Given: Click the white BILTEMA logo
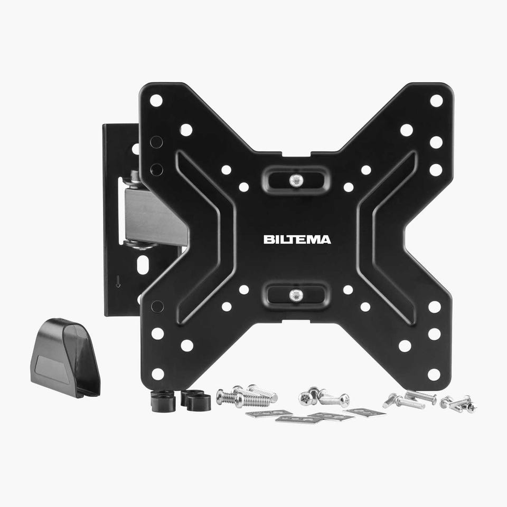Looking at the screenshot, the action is tap(297, 240).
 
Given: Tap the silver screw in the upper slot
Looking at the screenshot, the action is tap(296, 180).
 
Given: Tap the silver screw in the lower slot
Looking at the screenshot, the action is tap(296, 294).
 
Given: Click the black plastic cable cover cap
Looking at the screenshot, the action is tap(65, 358).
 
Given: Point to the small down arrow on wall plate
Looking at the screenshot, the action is tap(118, 281).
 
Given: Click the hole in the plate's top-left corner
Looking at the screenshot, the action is tap(156, 101).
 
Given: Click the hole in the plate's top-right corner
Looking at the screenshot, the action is tap(436, 101).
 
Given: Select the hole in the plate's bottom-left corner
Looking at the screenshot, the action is tap(158, 374).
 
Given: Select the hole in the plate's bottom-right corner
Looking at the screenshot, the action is tap(434, 375).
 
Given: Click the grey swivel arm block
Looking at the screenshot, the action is tap(152, 216).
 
